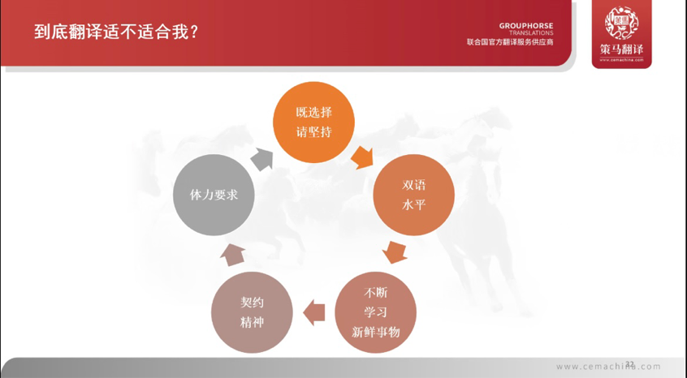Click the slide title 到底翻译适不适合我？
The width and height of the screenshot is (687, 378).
click(x=118, y=32)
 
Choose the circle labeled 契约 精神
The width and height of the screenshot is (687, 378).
click(x=252, y=312)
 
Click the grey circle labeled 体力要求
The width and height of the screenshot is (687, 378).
click(x=214, y=195)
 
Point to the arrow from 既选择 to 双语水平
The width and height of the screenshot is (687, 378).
click(x=361, y=156)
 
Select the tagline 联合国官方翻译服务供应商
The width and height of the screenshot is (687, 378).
click(x=510, y=42)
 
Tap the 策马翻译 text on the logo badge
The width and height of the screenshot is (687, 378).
click(x=621, y=49)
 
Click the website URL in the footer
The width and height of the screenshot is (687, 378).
click(x=608, y=367)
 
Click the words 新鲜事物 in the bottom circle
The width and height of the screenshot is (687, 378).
click(x=376, y=332)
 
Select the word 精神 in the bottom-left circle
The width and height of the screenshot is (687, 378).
click(x=252, y=323)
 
